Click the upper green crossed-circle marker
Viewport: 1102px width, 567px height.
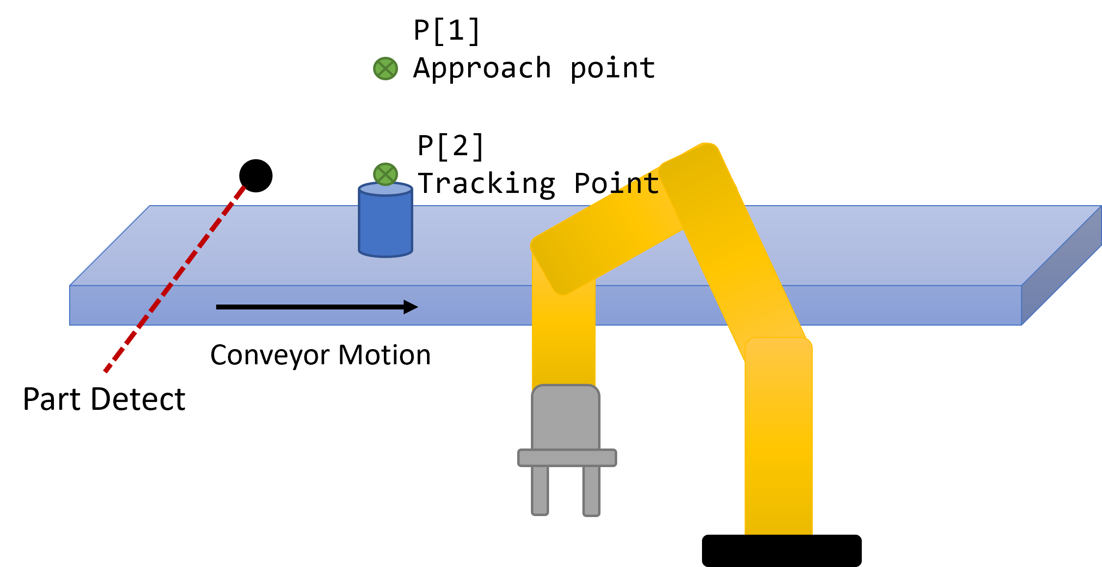coord(385,69)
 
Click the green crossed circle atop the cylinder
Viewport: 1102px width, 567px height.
coord(385,174)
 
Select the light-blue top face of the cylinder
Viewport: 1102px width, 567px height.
coord(385,189)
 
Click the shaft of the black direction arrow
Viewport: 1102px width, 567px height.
coord(309,307)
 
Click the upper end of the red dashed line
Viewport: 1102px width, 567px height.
coord(243,188)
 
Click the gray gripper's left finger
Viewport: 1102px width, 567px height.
coord(540,490)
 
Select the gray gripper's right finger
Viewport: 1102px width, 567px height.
coord(591,490)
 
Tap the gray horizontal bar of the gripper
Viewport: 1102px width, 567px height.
coord(567,458)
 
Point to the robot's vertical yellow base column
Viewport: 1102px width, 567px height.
coord(778,441)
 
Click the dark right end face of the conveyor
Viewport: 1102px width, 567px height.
coord(1061,267)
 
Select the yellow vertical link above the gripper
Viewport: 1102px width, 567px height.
coord(564,338)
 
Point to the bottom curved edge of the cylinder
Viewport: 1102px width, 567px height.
coord(385,255)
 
